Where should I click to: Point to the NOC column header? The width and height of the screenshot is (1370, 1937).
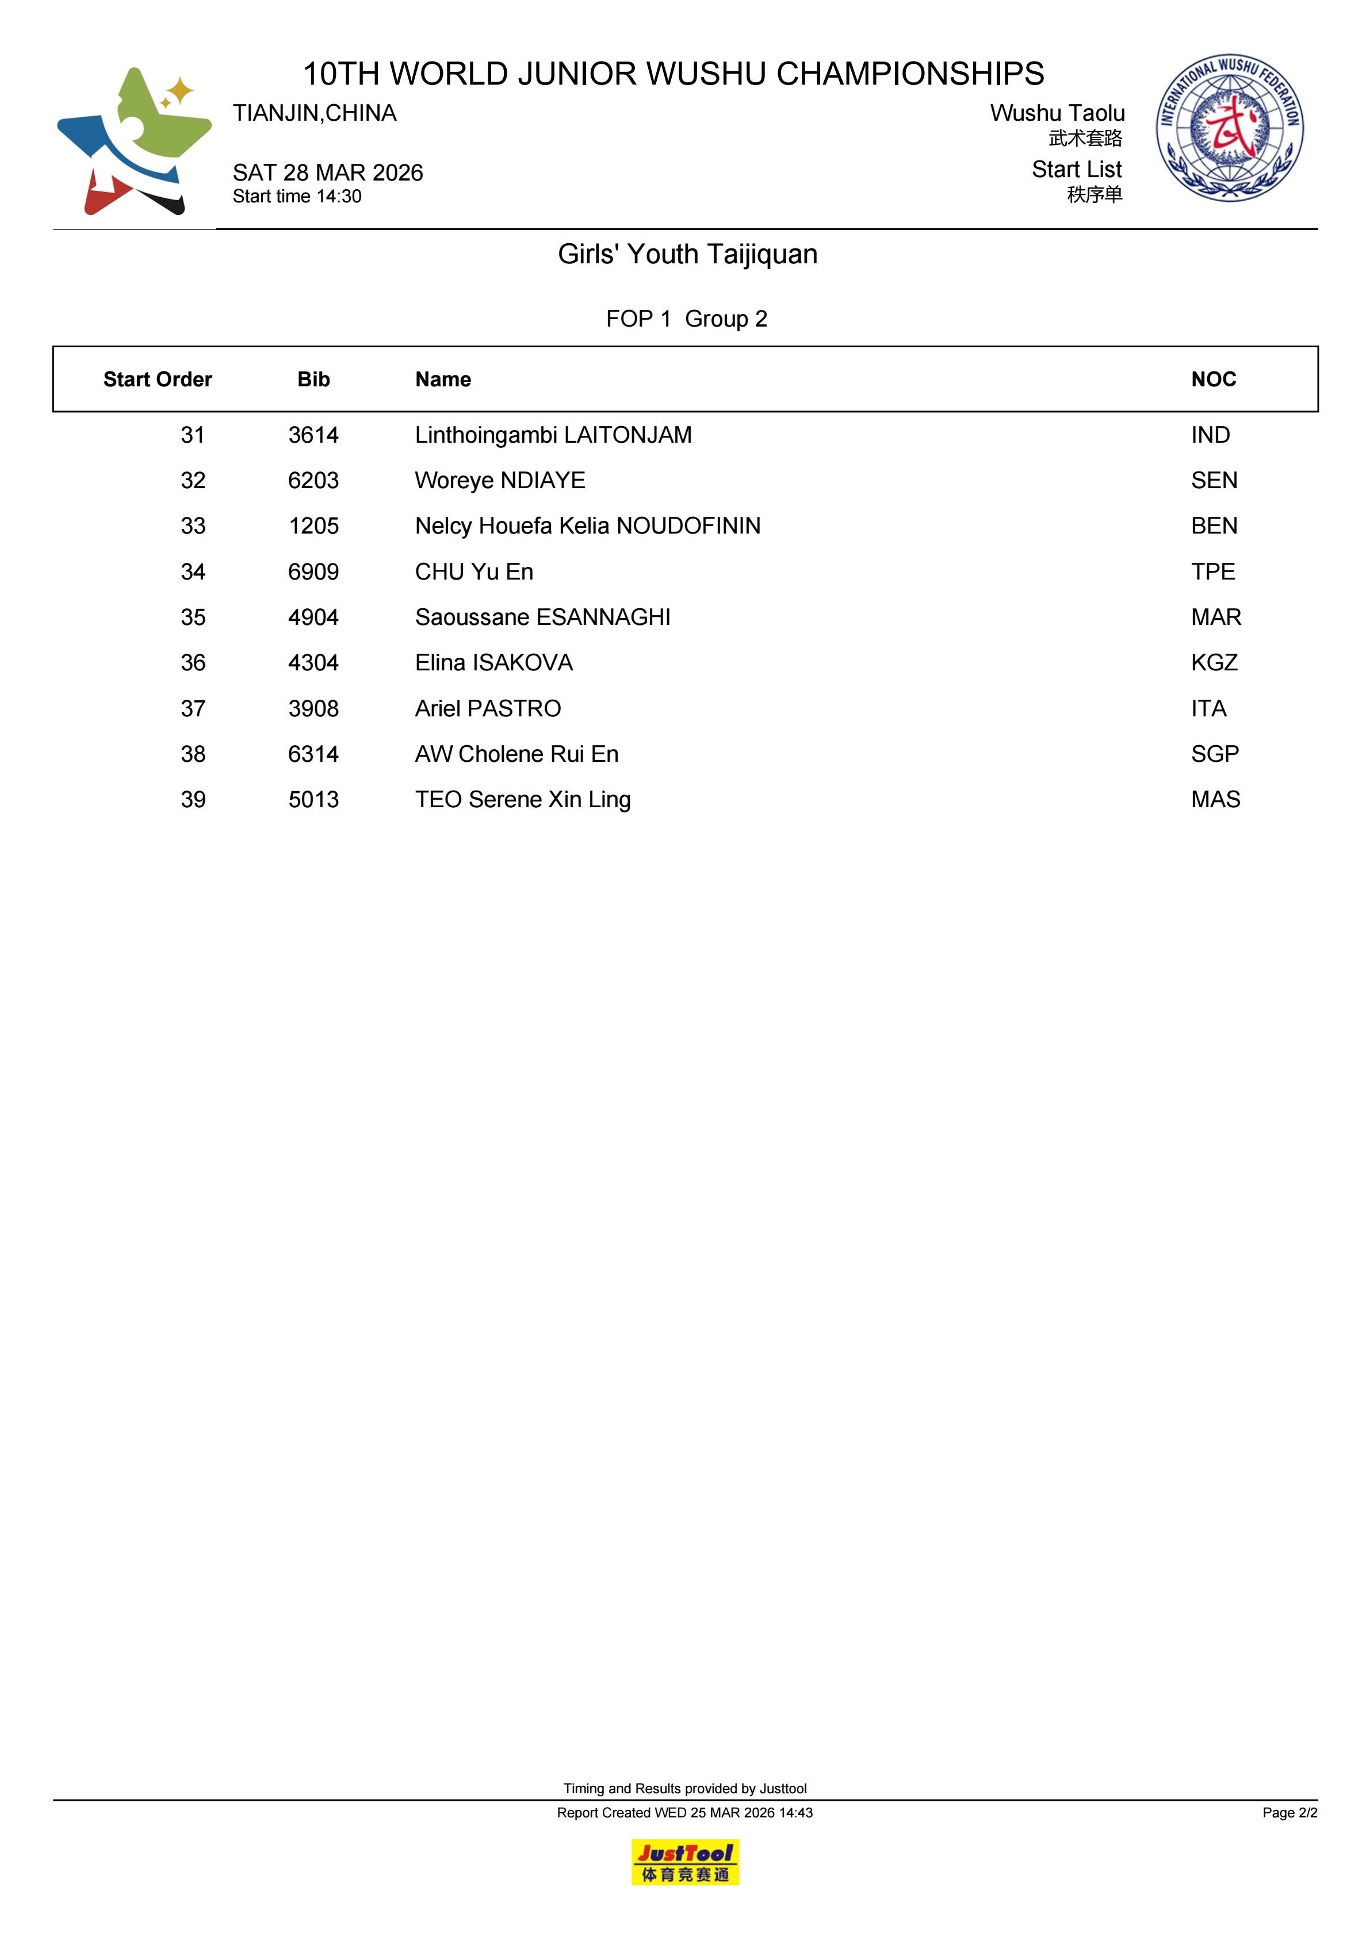pyautogui.click(x=1213, y=379)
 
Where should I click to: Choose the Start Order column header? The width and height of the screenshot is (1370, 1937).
pyautogui.click(x=157, y=379)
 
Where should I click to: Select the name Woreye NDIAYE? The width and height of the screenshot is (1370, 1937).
pyautogui.click(x=500, y=481)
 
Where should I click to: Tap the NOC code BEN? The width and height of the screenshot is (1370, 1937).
pyautogui.click(x=1214, y=527)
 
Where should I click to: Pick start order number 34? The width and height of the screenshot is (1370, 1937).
pyautogui.click(x=193, y=572)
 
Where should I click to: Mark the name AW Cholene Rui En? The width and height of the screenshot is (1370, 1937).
pyautogui.click(x=516, y=754)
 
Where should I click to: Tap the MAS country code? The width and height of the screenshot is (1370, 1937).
pyautogui.click(x=1215, y=800)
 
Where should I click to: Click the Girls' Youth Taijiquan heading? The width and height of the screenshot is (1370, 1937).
pyautogui.click(x=687, y=254)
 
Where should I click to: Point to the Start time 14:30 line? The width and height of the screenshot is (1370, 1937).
pyautogui.click(x=297, y=197)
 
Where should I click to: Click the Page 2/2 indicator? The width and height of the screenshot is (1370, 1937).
pyautogui.click(x=1289, y=1812)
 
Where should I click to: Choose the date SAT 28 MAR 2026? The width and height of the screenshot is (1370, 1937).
pyautogui.click(x=327, y=173)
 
